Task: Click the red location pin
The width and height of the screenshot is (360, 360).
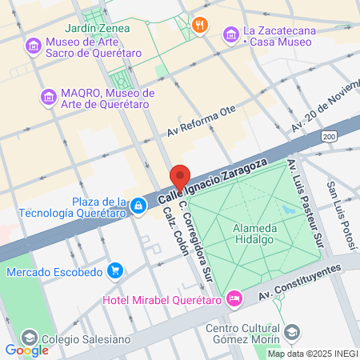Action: (x=179, y=178)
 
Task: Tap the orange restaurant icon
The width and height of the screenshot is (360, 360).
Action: (x=200, y=24)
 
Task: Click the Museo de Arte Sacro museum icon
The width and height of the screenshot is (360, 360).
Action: (x=34, y=45)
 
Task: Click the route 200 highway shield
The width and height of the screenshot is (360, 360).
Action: (x=330, y=138)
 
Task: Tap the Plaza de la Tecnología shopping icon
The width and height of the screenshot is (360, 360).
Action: (x=138, y=206)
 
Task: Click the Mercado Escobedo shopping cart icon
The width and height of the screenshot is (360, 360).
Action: (x=115, y=271)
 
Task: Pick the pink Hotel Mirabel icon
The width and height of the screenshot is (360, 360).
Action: (x=234, y=299)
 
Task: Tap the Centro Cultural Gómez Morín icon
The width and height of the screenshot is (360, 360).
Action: (x=293, y=331)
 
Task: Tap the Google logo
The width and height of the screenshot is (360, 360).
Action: (x=26, y=350)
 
